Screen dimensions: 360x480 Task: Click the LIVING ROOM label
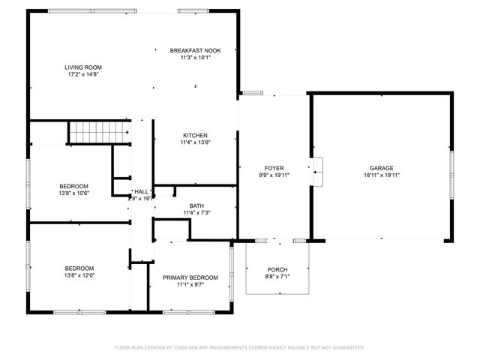point(83,67)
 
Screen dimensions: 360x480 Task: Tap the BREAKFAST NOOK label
point(195,50)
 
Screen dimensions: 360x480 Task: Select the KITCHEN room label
point(195,136)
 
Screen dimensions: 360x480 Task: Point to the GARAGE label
point(381,168)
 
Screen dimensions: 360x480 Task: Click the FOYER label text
point(273,168)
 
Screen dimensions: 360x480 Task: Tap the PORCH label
point(277,270)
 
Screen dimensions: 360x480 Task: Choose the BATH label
point(196,205)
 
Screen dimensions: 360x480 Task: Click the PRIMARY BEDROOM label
point(190,277)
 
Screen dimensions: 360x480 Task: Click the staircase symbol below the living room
point(96,133)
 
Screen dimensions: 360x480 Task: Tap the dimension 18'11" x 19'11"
point(381,175)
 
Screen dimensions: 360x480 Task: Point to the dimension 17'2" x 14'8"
point(83,74)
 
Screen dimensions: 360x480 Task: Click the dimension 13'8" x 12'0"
point(79,275)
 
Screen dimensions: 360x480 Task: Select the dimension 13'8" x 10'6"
point(74,193)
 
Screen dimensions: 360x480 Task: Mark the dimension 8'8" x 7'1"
point(277,277)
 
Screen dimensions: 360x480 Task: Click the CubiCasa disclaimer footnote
point(239,347)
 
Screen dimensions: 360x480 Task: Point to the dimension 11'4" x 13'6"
point(195,142)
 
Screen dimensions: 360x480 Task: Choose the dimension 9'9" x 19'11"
point(273,175)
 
